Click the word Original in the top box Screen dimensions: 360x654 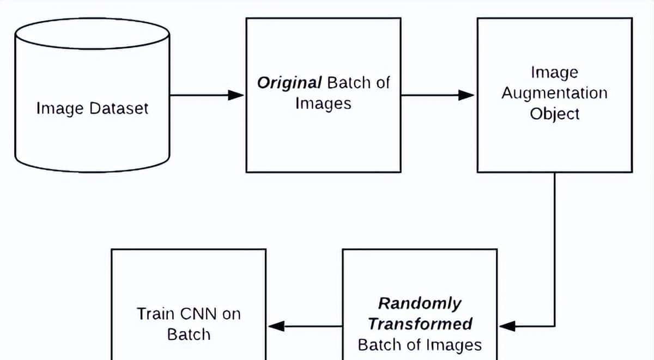tap(289, 83)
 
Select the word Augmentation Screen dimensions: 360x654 tap(554, 93)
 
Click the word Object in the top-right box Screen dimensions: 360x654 tap(554, 114)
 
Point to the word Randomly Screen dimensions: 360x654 tap(420, 303)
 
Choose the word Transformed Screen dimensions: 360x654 tap(420, 324)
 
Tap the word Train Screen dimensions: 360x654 tap(155, 314)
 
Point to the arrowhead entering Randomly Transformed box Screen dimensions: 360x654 tap(507, 326)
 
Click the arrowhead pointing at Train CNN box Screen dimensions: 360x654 tap(276, 326)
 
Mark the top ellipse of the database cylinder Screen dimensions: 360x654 tap(92, 33)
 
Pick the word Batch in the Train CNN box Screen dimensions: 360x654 tap(188, 334)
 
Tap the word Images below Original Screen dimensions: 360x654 tap(323, 104)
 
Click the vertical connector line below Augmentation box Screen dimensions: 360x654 tap(554, 245)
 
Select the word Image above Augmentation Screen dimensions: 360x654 tap(554, 72)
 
